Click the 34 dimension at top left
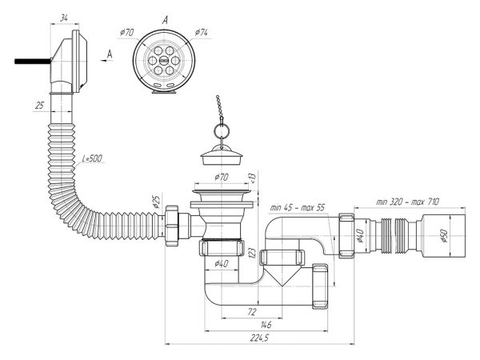pos(64,18)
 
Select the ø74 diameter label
pos(202,32)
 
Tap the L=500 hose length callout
pos(92,158)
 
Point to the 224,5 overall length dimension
pos(259,338)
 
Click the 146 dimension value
pos(266,325)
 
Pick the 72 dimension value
pos(251,312)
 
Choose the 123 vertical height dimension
pos(252,253)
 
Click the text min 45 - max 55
pos(297,207)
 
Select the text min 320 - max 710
pos(407,202)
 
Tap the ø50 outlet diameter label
pos(445,235)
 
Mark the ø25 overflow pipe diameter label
pos(156,202)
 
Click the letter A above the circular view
pos(165,21)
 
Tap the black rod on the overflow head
pos(33,62)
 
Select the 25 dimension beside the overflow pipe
pos(39,106)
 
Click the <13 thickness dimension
pos(252,178)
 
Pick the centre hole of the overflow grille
pos(164,61)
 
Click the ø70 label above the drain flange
pos(222,177)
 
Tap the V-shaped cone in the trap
pos(282,275)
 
